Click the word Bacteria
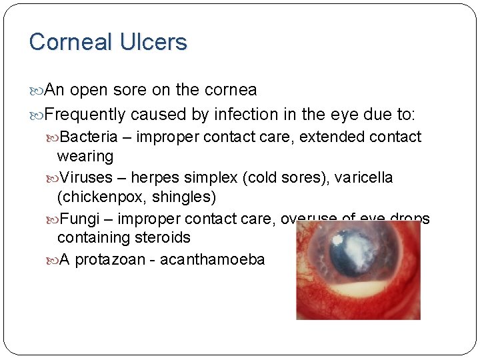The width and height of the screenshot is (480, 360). click(89, 137)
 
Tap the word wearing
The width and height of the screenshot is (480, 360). click(85, 157)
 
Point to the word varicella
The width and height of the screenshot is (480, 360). click(363, 178)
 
